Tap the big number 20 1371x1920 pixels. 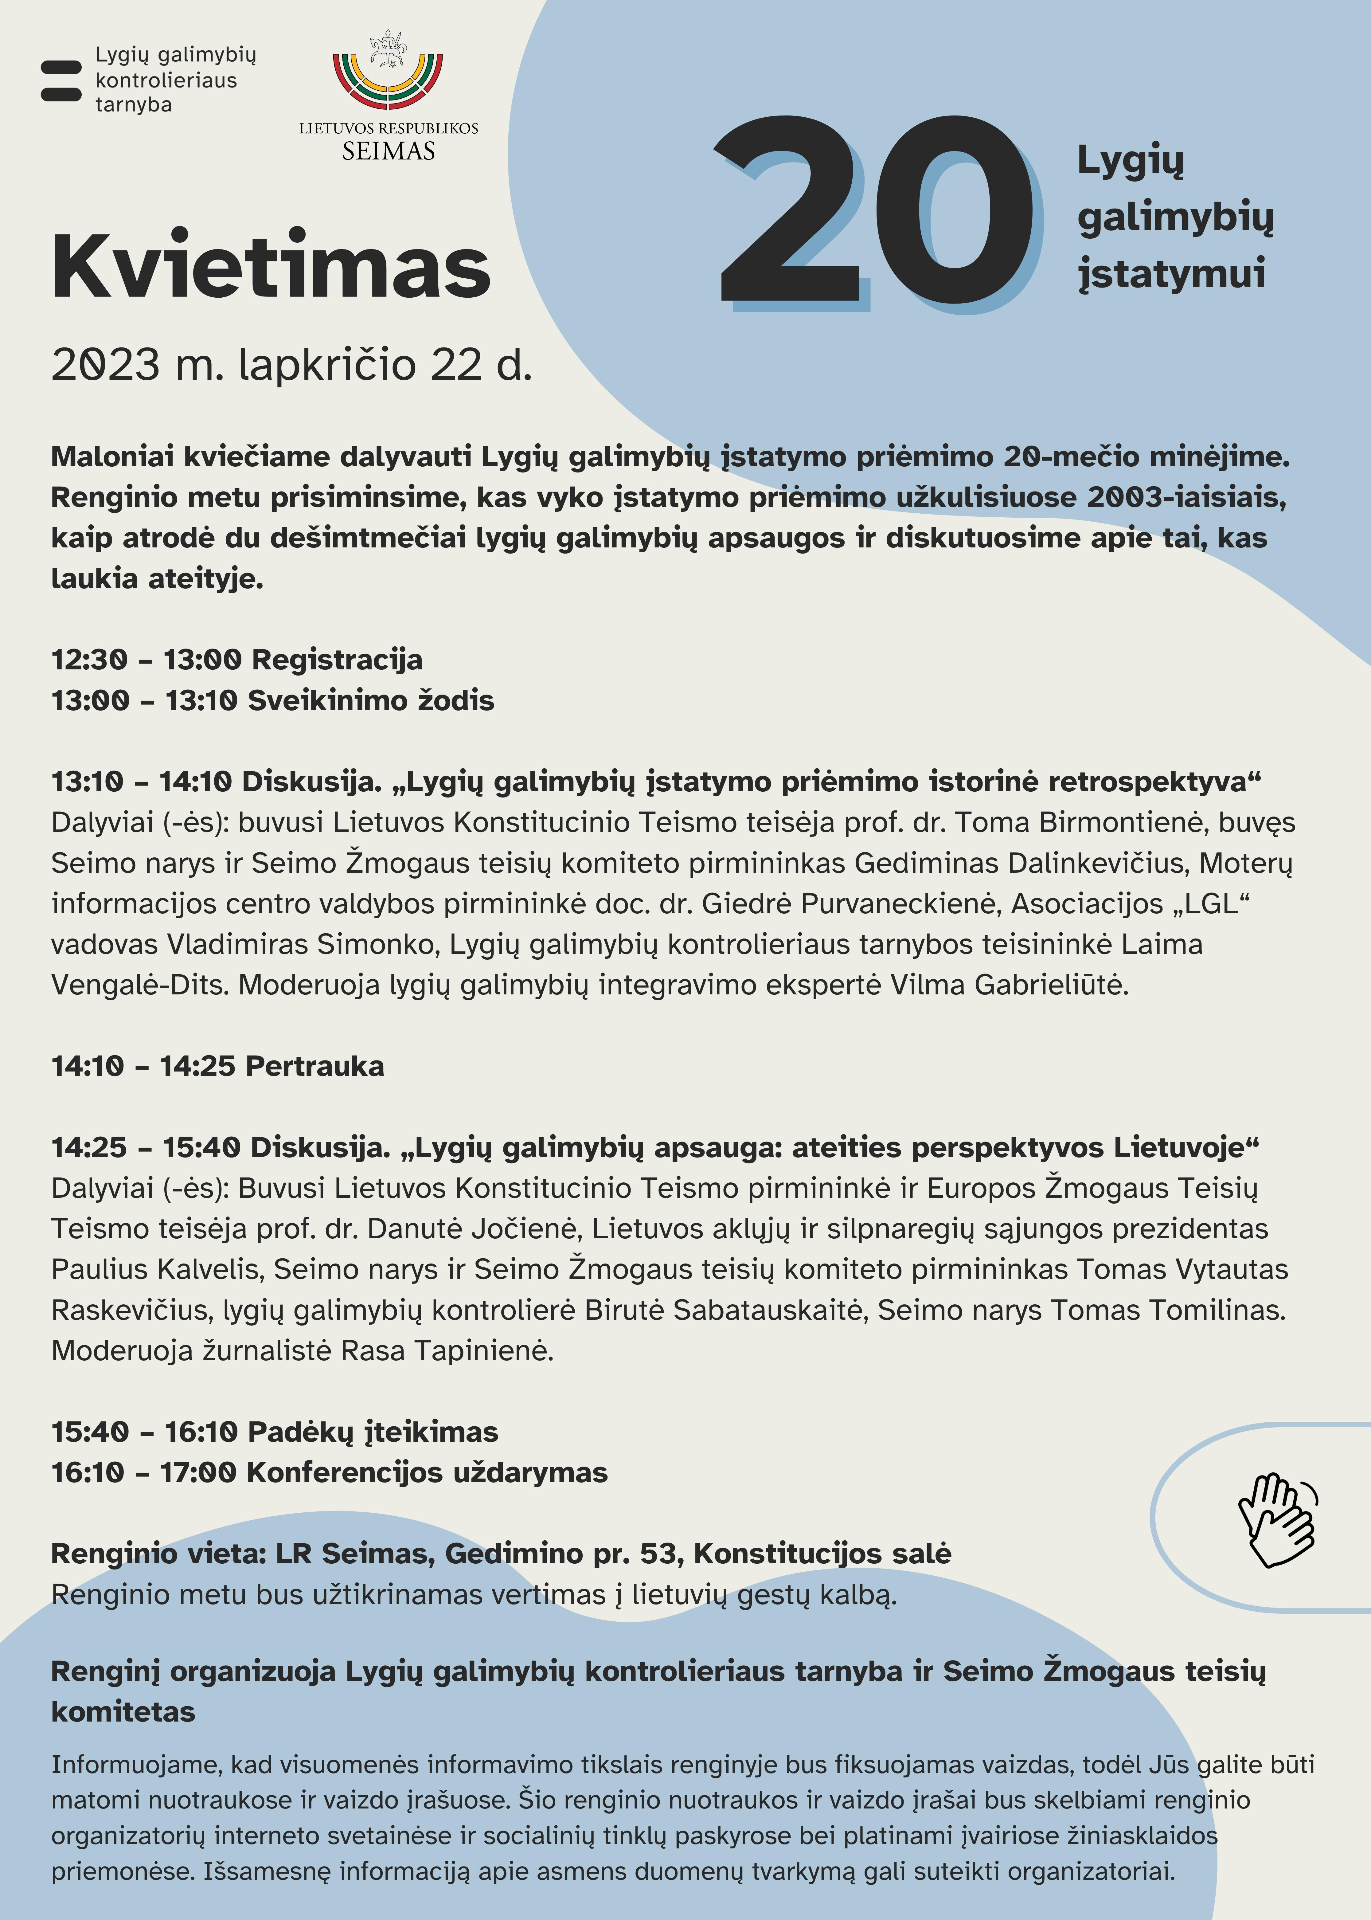(874, 211)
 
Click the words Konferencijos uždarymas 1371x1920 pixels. (426, 1472)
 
